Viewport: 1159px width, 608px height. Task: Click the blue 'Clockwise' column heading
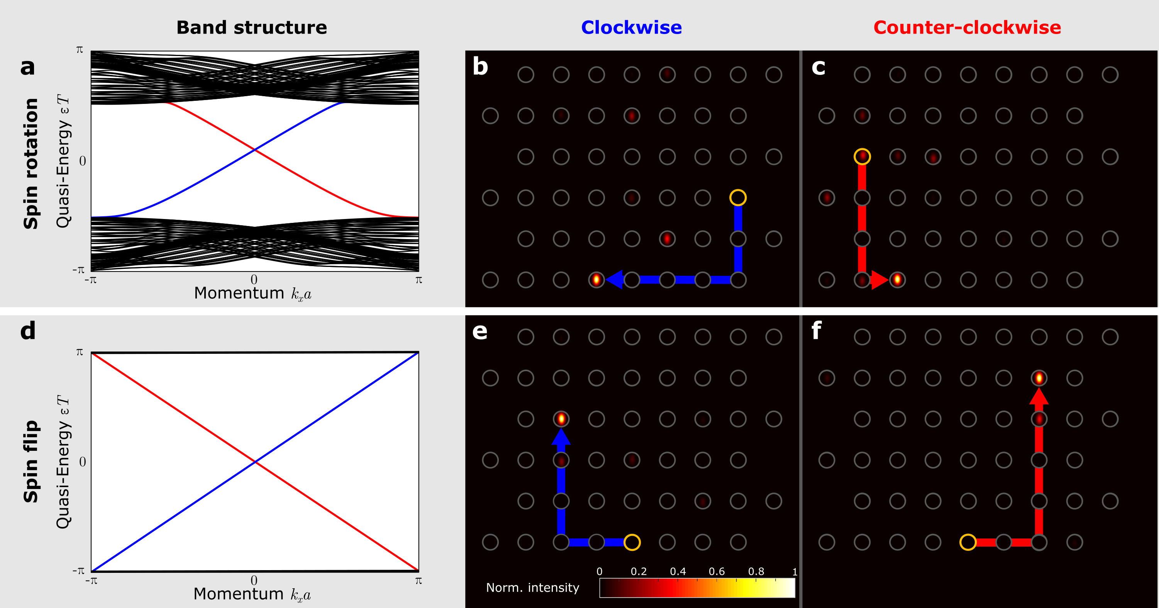pyautogui.click(x=631, y=28)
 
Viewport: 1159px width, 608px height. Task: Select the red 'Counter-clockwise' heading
pyautogui.click(x=967, y=28)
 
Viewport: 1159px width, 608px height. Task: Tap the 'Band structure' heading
pyautogui.click(x=251, y=28)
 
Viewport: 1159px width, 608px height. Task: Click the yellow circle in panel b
pyautogui.click(x=738, y=197)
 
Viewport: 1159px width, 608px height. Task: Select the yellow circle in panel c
pyautogui.click(x=862, y=156)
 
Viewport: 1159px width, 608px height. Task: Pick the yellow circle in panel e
pyautogui.click(x=632, y=542)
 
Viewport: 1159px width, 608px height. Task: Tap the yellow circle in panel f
pyautogui.click(x=968, y=542)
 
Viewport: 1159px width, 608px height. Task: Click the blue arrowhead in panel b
pyautogui.click(x=615, y=280)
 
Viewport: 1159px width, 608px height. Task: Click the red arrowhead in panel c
pyautogui.click(x=879, y=280)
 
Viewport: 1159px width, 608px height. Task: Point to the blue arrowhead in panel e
pyautogui.click(x=561, y=437)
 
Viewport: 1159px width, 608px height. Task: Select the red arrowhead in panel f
pyautogui.click(x=1039, y=396)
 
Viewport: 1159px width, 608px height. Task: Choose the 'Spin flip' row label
pyautogui.click(x=31, y=461)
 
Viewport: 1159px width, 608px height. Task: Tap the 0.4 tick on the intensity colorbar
pyautogui.click(x=678, y=572)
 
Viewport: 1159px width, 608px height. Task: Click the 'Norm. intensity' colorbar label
pyautogui.click(x=533, y=588)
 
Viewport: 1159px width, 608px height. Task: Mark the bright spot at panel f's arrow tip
pyautogui.click(x=1039, y=378)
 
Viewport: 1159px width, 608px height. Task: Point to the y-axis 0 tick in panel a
pyautogui.click(x=82, y=161)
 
